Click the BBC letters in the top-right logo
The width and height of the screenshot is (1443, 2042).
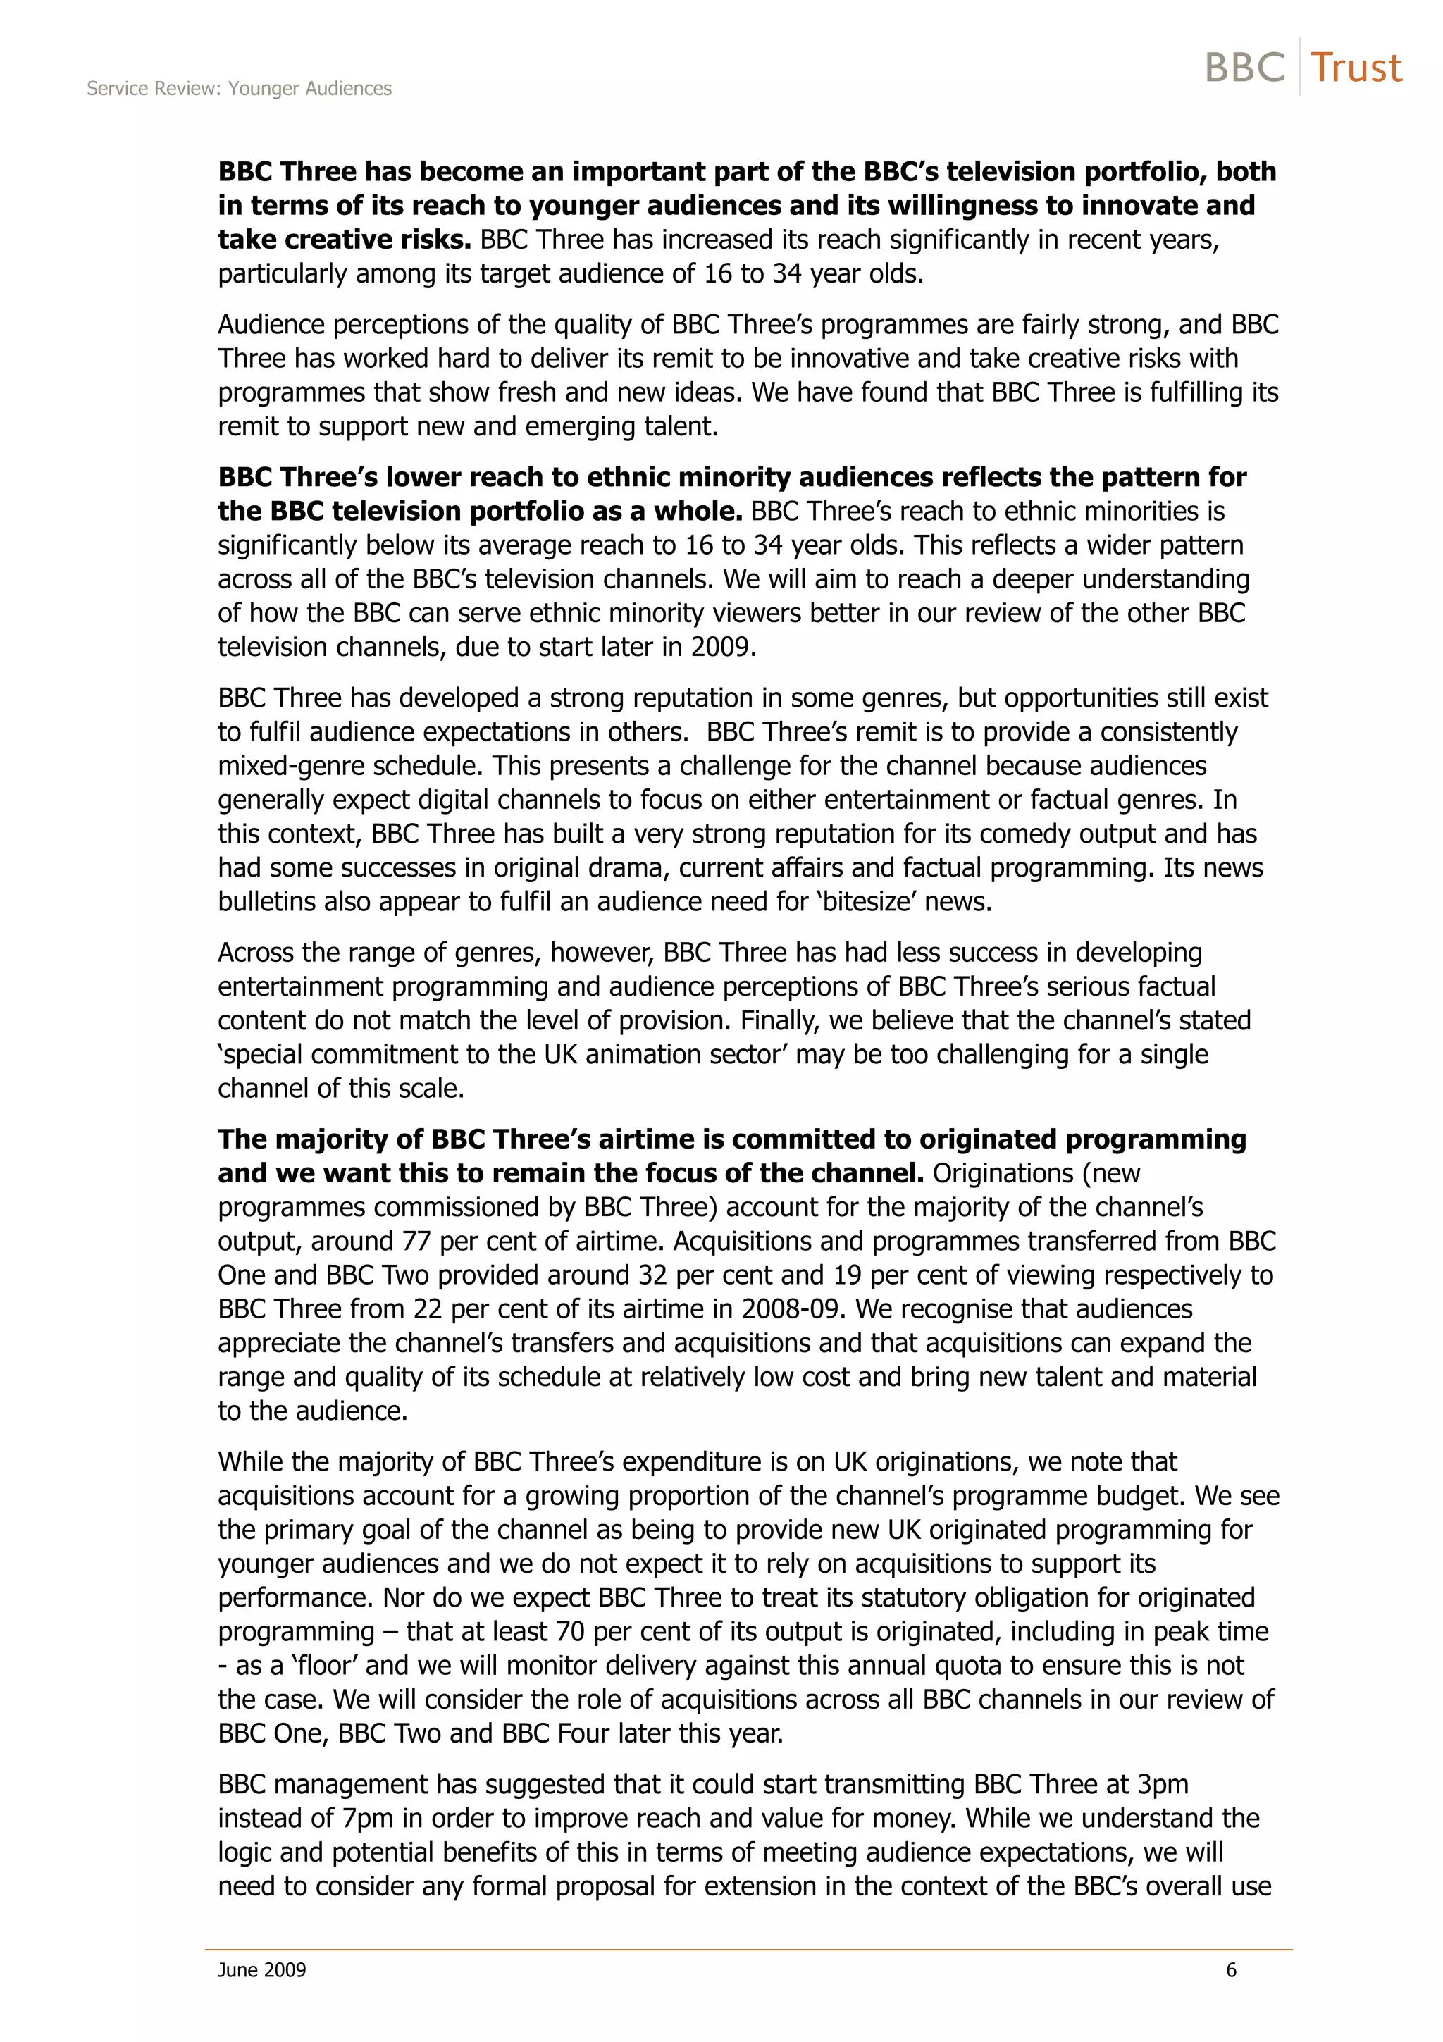1245,68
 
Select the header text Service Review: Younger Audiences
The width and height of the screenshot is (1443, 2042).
239,89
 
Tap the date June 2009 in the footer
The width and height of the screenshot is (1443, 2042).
261,1969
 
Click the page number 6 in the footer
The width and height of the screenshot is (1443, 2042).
1232,1969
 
